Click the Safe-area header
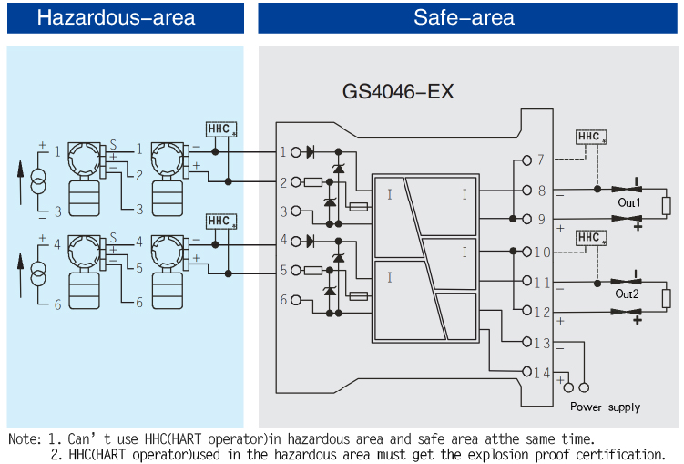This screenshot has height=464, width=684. [464, 18]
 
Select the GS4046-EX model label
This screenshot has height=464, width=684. [398, 92]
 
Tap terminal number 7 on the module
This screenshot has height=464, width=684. [539, 160]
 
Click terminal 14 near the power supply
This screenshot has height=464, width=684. [539, 371]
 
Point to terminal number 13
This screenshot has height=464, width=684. [539, 342]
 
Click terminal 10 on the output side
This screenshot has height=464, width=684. [540, 252]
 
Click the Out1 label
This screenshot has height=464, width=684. [628, 203]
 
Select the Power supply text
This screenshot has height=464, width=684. [605, 407]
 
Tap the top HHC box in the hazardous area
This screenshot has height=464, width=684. [221, 129]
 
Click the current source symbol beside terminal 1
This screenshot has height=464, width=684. [38, 181]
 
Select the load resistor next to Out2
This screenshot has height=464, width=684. [667, 297]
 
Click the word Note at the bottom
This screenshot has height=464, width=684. [25, 438]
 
